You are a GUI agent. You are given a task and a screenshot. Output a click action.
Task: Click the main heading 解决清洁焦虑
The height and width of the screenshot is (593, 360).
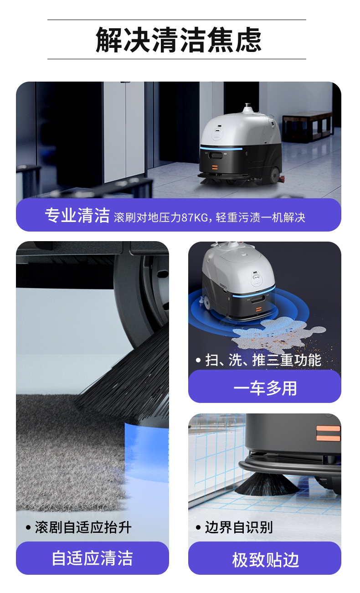(179, 40)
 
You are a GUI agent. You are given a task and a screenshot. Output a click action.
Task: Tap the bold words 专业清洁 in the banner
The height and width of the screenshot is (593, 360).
(77, 215)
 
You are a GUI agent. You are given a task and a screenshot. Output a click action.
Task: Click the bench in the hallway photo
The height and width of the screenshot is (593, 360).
(307, 127)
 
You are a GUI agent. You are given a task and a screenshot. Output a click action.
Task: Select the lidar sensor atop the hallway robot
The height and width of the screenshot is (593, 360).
(248, 108)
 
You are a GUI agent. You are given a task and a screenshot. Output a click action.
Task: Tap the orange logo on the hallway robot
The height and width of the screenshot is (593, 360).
(214, 167)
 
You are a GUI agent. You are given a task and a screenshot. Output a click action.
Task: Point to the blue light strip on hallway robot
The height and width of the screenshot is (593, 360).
(221, 149)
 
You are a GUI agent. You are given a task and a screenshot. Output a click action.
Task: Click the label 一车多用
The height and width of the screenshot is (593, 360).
(265, 388)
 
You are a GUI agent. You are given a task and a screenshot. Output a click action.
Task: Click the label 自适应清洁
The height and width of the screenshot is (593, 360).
(92, 558)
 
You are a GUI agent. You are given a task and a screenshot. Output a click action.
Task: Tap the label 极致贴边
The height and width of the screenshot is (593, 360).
(266, 560)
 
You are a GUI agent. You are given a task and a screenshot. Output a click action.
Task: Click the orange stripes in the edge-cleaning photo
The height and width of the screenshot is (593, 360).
(328, 433)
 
